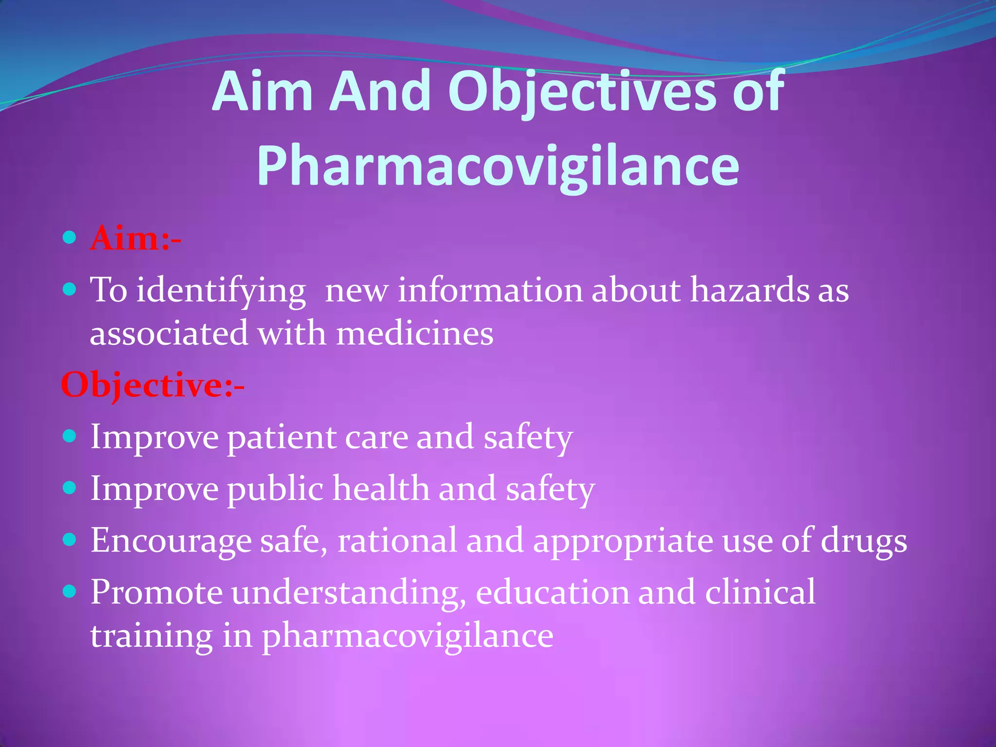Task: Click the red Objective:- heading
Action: pyautogui.click(x=152, y=385)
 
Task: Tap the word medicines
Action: pyautogui.click(x=415, y=334)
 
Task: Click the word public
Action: pyautogui.click(x=275, y=489)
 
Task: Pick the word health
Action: pyautogui.click(x=381, y=489)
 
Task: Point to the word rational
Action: pyautogui.click(x=397, y=540)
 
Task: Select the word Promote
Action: pyautogui.click(x=156, y=592)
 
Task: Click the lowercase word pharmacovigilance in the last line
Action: pyautogui.click(x=408, y=636)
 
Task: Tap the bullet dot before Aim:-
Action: pyautogui.click(x=70, y=238)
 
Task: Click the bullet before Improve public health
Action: pyautogui.click(x=70, y=487)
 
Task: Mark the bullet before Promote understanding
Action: pyautogui.click(x=70, y=591)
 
